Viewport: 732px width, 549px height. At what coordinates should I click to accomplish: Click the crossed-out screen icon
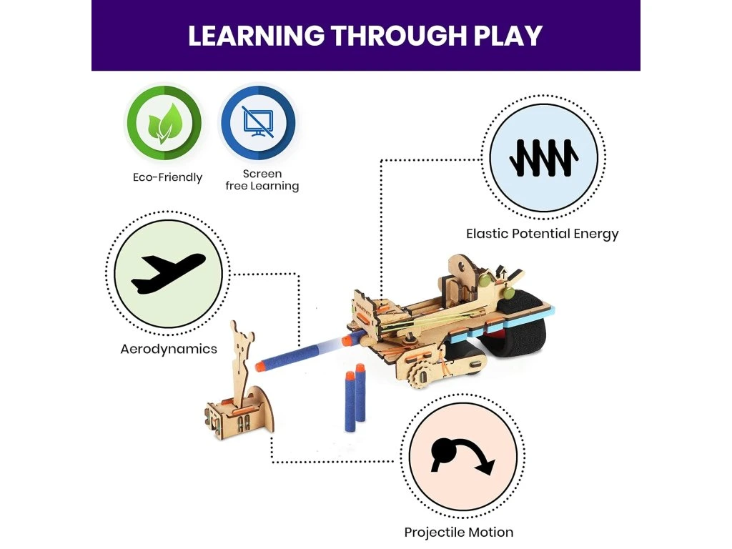pyautogui.click(x=257, y=123)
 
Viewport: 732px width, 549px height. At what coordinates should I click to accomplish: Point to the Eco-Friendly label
pyautogui.click(x=167, y=177)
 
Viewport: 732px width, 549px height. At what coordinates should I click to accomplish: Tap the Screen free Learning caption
pyautogui.click(x=262, y=180)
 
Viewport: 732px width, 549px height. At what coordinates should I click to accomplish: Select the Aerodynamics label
pyautogui.click(x=169, y=349)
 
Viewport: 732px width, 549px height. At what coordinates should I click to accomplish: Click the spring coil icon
pyautogui.click(x=544, y=159)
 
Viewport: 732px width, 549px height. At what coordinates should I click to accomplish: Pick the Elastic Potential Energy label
pyautogui.click(x=542, y=234)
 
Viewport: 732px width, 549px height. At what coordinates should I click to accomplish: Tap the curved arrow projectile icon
pyautogui.click(x=461, y=458)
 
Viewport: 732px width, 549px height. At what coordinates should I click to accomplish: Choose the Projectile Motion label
pyautogui.click(x=458, y=532)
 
